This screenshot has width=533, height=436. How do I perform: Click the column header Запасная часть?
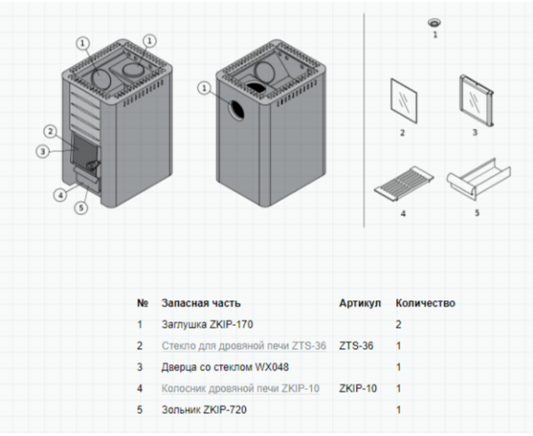[201, 303]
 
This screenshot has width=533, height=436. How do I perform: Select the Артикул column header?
[360, 303]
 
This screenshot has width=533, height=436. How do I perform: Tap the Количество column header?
[425, 303]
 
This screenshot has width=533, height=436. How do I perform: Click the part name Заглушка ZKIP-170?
[207, 325]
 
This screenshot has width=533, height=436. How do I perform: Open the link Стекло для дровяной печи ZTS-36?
[244, 345]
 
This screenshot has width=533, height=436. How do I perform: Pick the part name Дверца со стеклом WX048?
[225, 367]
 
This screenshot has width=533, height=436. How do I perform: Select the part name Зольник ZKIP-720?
[203, 409]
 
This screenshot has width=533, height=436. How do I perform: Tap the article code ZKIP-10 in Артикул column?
[358, 388]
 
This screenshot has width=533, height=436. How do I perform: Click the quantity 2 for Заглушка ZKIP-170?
[399, 325]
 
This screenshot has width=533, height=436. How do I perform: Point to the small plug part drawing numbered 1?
[435, 22]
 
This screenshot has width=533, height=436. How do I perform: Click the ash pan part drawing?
[476, 178]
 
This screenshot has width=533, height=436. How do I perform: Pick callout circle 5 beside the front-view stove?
[82, 208]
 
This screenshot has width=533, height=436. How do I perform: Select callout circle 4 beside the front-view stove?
[60, 194]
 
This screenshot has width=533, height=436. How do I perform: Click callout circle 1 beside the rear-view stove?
[206, 87]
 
